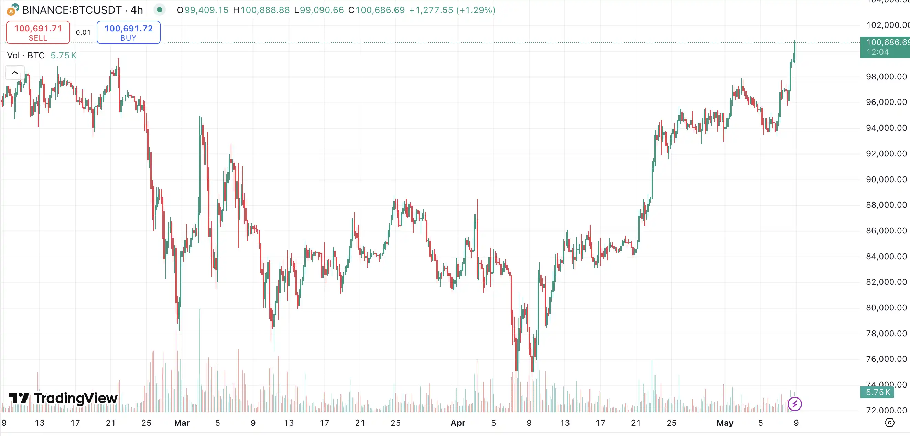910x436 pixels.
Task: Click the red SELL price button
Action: tap(38, 32)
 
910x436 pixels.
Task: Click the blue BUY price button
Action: tap(129, 32)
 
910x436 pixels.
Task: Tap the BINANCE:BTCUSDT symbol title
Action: tap(72, 10)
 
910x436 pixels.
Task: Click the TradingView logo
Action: tap(63, 398)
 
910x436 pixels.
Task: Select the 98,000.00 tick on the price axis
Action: tap(886, 77)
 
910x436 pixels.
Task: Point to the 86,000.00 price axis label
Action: tap(886, 231)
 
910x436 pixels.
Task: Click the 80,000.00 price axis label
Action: tap(886, 308)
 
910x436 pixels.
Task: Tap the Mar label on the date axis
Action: tap(182, 423)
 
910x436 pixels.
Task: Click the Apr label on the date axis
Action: tap(458, 423)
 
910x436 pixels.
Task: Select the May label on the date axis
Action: tap(725, 423)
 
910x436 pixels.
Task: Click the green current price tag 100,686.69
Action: tap(885, 47)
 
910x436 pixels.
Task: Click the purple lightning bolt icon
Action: tap(794, 404)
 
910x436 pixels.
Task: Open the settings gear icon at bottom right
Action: tap(889, 423)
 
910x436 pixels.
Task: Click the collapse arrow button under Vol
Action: tap(15, 73)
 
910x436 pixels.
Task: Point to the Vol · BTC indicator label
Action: tap(26, 55)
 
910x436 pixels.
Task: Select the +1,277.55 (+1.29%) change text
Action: tap(452, 10)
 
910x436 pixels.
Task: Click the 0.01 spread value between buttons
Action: tap(83, 33)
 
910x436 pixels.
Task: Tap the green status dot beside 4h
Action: tap(160, 10)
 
